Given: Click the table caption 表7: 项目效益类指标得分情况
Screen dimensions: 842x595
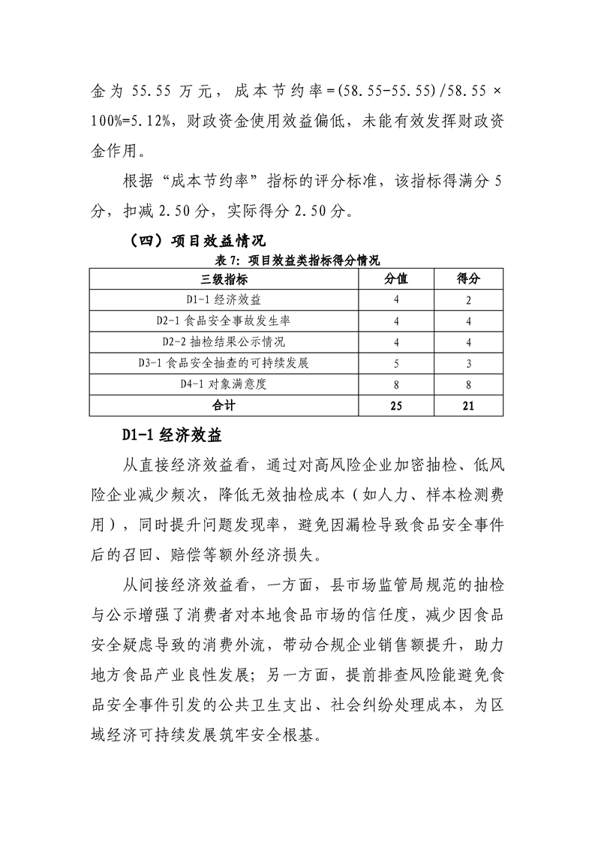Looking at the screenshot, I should click(297, 260).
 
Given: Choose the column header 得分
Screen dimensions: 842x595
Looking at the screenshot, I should click(468, 279).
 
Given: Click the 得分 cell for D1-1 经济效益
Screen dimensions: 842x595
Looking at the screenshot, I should click(468, 300).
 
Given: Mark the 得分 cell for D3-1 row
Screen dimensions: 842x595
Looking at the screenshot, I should click(468, 363).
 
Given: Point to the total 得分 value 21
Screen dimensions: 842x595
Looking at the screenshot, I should click(468, 405).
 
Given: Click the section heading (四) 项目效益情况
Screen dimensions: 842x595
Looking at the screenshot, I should click(188, 241).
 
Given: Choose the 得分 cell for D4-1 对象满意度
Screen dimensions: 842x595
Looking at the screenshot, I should click(468, 384).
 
